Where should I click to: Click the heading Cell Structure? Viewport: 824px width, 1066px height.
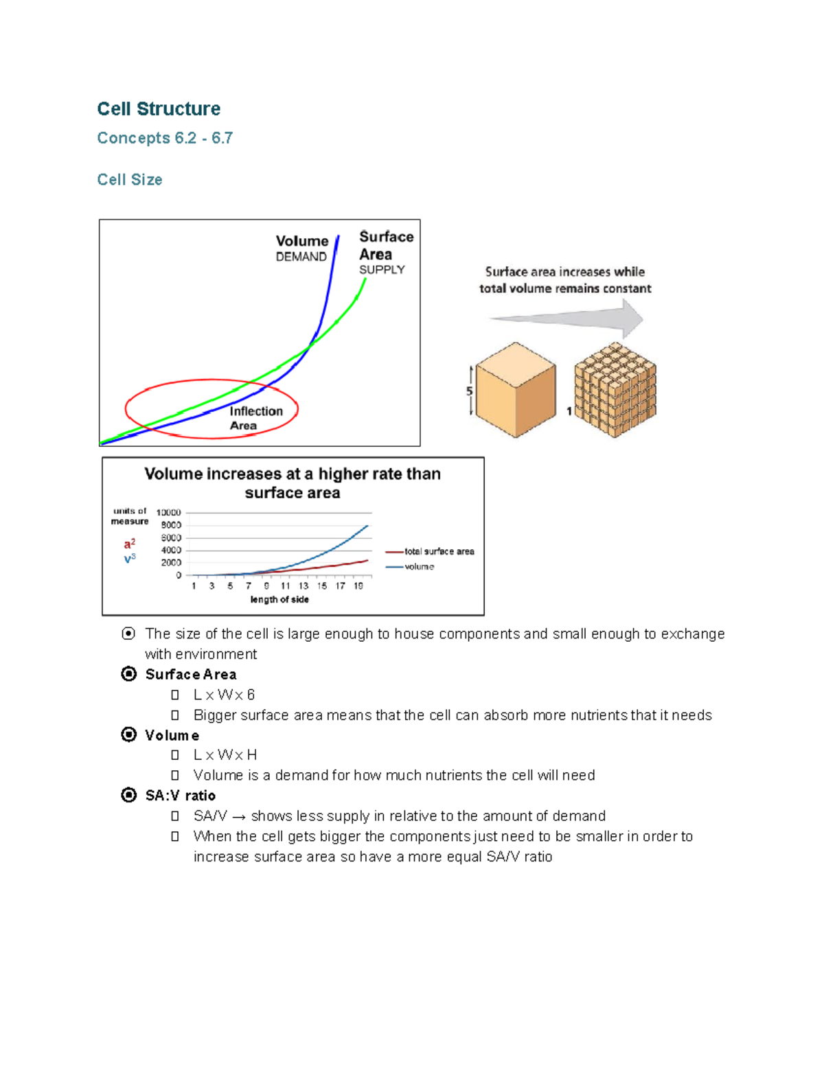point(159,108)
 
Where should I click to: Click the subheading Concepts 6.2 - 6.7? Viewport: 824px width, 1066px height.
point(165,138)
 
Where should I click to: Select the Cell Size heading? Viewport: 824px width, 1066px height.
point(130,180)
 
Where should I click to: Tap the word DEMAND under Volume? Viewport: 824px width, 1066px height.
point(301,257)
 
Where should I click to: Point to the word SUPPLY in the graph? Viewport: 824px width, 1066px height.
point(382,270)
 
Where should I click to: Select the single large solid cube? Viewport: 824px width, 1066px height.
point(516,389)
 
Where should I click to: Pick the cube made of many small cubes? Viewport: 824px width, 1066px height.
point(615,389)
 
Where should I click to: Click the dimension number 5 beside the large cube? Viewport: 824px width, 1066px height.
point(470,391)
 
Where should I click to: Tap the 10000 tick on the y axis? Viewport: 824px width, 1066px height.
point(168,513)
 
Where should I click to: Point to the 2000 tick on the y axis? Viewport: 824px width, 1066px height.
point(171,563)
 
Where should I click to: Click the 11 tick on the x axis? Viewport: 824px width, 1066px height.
point(285,586)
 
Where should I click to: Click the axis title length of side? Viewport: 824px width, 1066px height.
point(279,599)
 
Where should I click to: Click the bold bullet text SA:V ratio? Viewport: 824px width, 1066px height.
point(181,796)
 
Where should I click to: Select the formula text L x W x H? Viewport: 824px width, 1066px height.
point(225,755)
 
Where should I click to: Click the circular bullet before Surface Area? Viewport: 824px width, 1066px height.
point(128,674)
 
